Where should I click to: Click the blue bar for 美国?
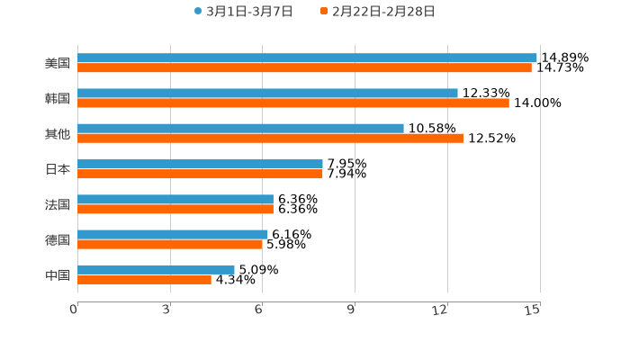pos(307,58)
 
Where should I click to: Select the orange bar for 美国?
pos(304,67)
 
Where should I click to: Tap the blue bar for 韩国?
pos(267,93)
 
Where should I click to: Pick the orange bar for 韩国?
pos(292,103)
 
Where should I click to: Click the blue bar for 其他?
pos(240,128)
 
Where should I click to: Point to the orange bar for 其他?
pos(270,138)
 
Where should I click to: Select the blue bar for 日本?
pos(200,164)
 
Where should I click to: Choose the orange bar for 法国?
pos(175,209)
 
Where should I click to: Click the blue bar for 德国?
pos(173,234)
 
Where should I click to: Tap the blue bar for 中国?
pos(156,269)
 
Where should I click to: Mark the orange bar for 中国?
pos(144,279)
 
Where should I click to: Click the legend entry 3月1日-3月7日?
pos(243,12)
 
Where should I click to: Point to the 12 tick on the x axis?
pos(441,310)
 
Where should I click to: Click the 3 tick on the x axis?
pos(166,310)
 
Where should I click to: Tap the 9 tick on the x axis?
pos(351,310)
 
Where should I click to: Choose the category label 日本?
pos(58,168)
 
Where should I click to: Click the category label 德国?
pos(58,239)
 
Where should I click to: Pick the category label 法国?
pos(58,204)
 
